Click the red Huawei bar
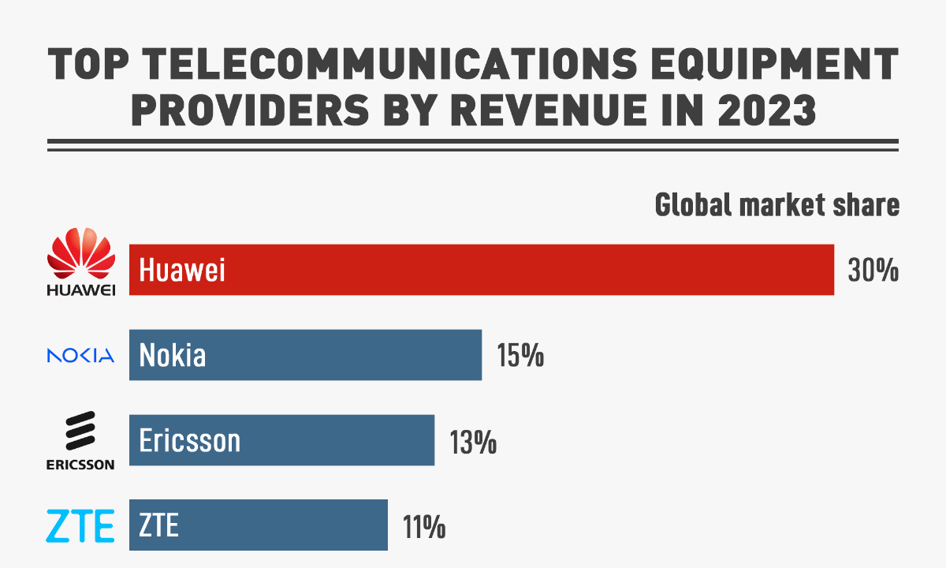pos(481,270)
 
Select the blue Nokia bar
pos(305,355)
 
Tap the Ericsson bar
pos(281,439)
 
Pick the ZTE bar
pos(258,525)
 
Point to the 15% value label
pos(520,355)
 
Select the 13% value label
pos(473,440)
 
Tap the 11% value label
pos(424,525)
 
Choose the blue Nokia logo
pos(81,356)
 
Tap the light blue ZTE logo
pos(80,526)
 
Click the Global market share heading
pos(777,206)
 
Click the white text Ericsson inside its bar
pos(189,440)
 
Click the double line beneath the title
pos(473,144)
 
